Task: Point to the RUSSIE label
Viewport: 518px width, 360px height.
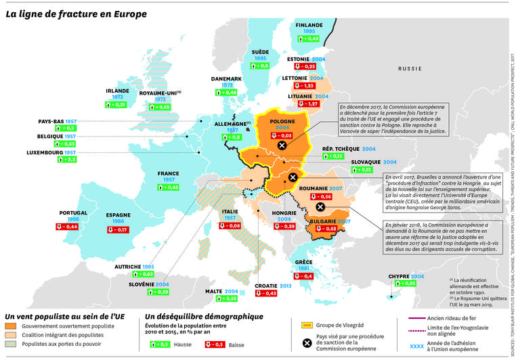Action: pyautogui.click(x=410, y=69)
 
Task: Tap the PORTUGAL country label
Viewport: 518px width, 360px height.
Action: pyautogui.click(x=74, y=213)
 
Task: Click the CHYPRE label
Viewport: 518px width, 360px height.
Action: pyautogui.click(x=398, y=277)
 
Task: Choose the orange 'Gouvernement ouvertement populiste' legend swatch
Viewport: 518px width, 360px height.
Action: pyautogui.click(x=11, y=325)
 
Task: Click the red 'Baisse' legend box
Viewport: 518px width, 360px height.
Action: pyautogui.click(x=213, y=344)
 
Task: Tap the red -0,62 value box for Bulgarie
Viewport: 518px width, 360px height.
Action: pyautogui.click(x=330, y=229)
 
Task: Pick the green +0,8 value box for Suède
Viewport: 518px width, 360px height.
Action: pyautogui.click(x=260, y=66)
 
